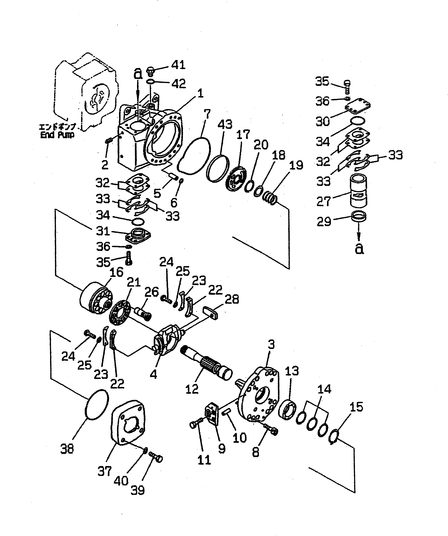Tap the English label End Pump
57,135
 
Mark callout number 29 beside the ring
324,222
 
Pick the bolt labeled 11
197,423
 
